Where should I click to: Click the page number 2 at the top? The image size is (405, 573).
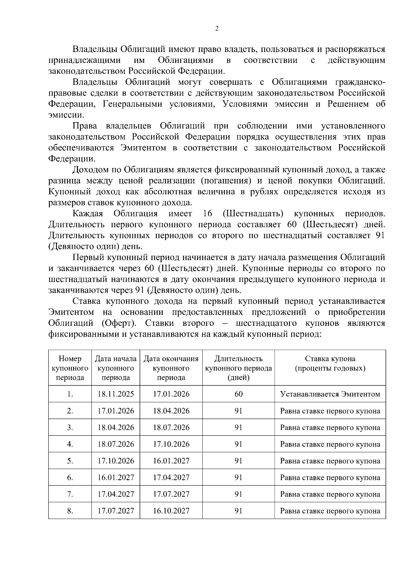tap(217, 29)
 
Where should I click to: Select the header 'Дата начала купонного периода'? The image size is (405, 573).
tap(116, 368)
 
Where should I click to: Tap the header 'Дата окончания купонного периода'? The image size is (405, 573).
tap(171, 368)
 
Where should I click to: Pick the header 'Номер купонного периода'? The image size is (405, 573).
tap(70, 368)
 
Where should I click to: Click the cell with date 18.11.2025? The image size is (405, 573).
tap(116, 394)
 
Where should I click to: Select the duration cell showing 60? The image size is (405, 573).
tap(239, 394)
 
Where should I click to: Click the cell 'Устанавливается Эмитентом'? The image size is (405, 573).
tap(330, 394)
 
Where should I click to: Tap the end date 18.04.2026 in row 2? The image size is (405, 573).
tap(171, 411)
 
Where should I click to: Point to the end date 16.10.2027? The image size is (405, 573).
tap(171, 511)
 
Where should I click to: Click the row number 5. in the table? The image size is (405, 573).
tap(70, 461)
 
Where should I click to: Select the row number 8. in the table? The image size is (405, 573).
tap(70, 511)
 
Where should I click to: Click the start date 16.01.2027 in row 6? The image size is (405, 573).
tap(116, 477)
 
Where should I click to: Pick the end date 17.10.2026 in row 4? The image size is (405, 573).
tap(171, 444)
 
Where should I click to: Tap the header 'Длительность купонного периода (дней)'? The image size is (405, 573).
tap(239, 368)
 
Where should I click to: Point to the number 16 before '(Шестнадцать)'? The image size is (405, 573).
tap(208, 214)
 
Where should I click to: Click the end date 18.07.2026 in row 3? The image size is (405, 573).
tap(171, 427)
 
